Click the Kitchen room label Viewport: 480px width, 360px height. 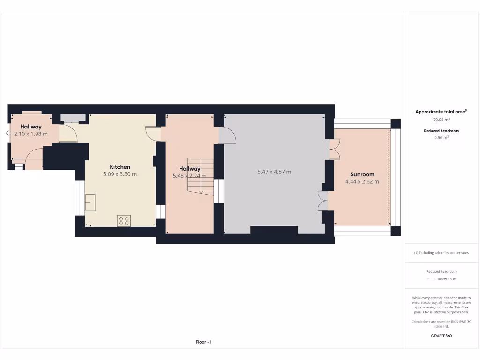coord(120,167)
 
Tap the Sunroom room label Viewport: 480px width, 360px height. coord(362,174)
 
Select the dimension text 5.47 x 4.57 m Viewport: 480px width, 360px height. coord(274,172)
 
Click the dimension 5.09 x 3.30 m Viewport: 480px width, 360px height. coord(120,174)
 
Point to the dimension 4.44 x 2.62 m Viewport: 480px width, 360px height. coord(362,182)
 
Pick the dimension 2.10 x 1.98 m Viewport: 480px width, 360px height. coord(31,134)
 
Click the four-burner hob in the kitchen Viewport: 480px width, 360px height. coord(124,220)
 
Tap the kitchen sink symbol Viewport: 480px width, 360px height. coord(90,202)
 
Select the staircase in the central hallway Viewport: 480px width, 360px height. coord(201,176)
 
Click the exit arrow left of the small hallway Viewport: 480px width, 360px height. coord(7,134)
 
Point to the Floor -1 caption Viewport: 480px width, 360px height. coord(203,342)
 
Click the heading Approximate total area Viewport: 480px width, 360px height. coord(441,112)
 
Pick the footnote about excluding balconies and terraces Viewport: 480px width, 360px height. coord(441,253)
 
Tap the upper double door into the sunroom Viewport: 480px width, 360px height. coord(334,150)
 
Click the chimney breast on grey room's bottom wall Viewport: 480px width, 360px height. coord(274,230)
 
